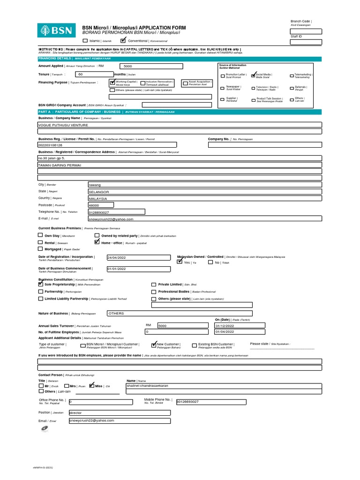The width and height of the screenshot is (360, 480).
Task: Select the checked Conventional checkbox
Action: click(x=123, y=41)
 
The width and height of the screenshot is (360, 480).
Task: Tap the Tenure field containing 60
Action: click(x=94, y=75)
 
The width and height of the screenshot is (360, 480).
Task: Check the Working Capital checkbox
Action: click(x=112, y=83)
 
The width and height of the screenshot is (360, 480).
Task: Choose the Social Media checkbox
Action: click(x=254, y=75)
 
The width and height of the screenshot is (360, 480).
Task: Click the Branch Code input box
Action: click(x=306, y=31)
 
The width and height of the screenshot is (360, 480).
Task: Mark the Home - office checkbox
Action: click(x=97, y=242)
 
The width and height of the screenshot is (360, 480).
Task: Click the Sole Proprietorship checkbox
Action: click(x=41, y=284)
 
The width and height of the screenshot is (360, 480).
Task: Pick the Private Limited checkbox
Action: click(x=154, y=284)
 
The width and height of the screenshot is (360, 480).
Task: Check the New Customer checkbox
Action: click(x=154, y=345)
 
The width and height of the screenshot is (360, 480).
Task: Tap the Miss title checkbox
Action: click(x=92, y=386)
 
